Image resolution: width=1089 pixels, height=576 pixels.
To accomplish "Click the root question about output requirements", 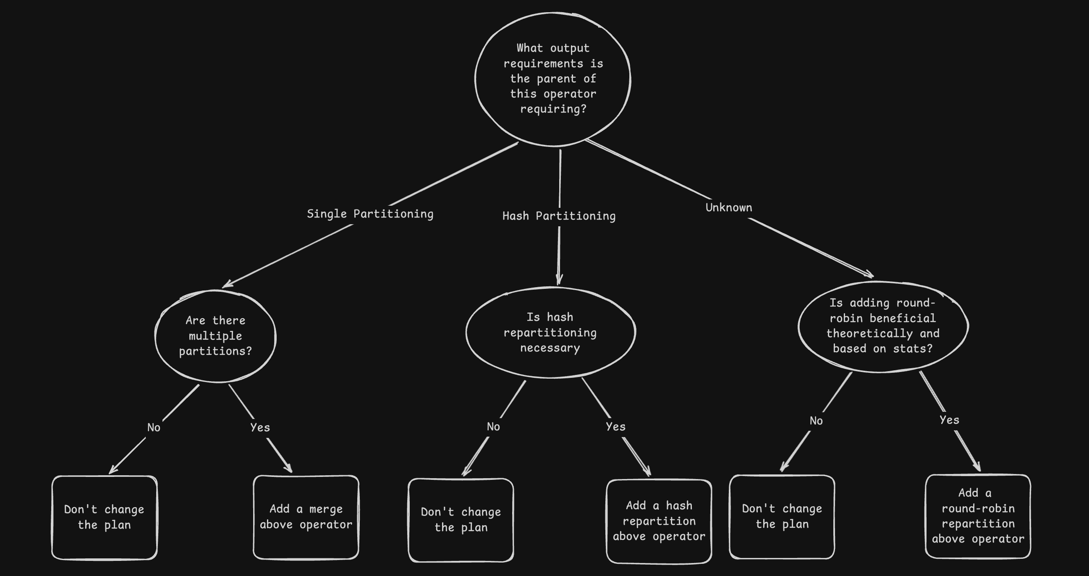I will point(552,79).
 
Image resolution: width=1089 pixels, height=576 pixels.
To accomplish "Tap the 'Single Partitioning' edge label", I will point(370,214).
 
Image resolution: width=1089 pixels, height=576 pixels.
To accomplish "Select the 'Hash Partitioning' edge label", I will point(559,216).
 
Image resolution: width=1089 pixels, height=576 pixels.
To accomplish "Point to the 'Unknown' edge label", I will point(729,208).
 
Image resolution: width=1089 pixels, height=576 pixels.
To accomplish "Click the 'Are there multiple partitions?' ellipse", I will point(216,336).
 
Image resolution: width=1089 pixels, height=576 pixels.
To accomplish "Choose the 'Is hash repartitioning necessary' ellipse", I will point(550,333).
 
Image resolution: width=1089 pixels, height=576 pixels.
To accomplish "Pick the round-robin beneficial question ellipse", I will point(883,326).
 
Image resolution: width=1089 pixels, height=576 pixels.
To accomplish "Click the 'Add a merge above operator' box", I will point(306,517).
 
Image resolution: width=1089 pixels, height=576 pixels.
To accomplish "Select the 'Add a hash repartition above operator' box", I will point(659,521).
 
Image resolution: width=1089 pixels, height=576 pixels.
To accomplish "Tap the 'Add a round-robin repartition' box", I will point(978,516).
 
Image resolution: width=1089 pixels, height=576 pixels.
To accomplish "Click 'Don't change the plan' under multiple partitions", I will point(105,517).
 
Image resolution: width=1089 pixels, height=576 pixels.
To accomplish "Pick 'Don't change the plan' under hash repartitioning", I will point(461,520).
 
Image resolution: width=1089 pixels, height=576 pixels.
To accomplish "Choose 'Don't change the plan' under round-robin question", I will point(782,516).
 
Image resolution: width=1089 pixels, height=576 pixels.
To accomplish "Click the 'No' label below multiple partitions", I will point(154,427).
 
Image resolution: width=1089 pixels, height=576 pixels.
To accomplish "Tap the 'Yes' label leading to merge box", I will point(260,427).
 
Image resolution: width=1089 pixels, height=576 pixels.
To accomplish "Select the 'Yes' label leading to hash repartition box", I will point(615,427).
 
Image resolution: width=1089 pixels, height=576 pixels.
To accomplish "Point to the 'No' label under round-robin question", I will point(816,421).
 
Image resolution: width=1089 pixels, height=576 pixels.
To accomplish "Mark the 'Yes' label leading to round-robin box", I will point(950,420).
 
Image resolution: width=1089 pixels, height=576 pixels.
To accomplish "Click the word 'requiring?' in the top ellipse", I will point(553,109).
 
